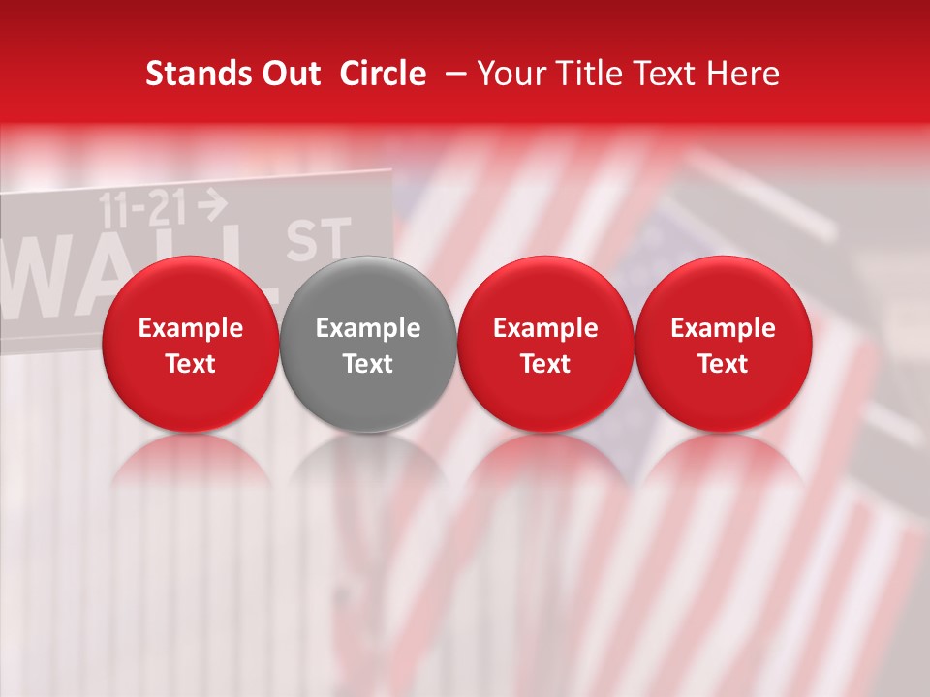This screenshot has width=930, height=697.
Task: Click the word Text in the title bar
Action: click(667, 74)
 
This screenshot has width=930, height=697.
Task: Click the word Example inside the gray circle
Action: click(367, 328)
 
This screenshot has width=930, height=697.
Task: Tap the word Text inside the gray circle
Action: click(367, 364)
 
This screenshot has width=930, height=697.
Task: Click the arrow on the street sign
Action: click(211, 203)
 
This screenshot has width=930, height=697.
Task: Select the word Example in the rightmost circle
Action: click(723, 328)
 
